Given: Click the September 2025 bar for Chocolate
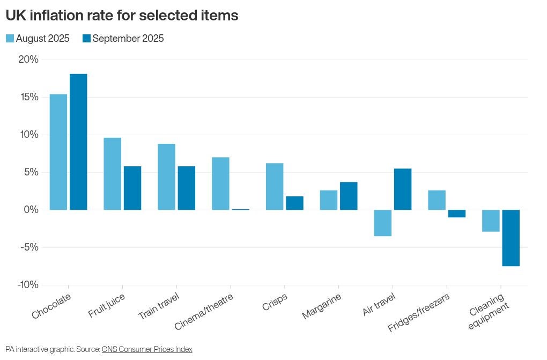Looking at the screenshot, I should click(x=78, y=142).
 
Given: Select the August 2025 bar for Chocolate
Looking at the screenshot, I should click(x=58, y=152).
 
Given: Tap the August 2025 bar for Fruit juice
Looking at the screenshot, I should click(x=113, y=173).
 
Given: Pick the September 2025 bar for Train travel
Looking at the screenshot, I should click(x=187, y=188).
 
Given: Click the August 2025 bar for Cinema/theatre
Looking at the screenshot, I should click(x=220, y=183).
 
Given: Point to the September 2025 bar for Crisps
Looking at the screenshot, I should click(x=294, y=203).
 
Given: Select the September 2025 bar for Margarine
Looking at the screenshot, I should click(x=349, y=196).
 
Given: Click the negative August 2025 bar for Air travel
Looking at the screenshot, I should click(x=383, y=223).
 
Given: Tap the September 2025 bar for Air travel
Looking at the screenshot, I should click(x=403, y=189).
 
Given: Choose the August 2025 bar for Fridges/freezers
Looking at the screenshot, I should click(x=437, y=200).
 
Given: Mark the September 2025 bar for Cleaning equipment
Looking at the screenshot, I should click(x=511, y=238).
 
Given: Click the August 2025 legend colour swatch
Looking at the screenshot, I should click(x=10, y=39).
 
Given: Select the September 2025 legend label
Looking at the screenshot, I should click(x=128, y=39).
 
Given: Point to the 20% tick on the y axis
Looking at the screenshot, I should click(x=28, y=60).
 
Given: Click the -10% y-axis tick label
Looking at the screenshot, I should click(x=27, y=285).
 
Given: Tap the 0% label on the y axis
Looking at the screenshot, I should click(x=31, y=210).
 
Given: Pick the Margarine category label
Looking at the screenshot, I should click(x=321, y=306).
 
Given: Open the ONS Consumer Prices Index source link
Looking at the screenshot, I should click(x=147, y=349).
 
